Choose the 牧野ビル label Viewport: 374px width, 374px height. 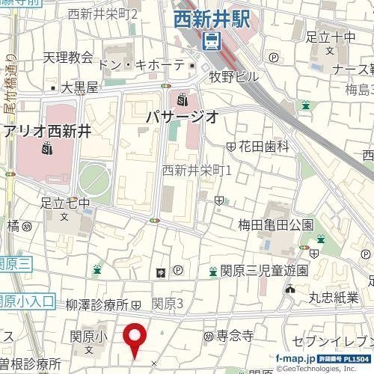pos(233,76)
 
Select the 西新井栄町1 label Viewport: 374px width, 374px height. pos(197,171)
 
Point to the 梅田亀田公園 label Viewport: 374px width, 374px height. pos(275,224)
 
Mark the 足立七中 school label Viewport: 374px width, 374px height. pos(65,203)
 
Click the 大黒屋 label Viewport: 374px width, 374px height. pos(79,88)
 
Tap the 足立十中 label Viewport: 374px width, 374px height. pos(331,36)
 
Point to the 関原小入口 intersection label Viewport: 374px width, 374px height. pos(26,301)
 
